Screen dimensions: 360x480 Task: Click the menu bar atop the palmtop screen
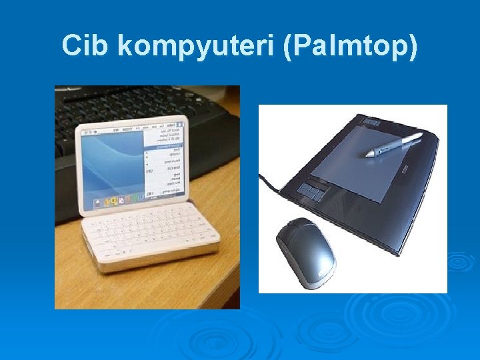[x=133, y=126]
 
